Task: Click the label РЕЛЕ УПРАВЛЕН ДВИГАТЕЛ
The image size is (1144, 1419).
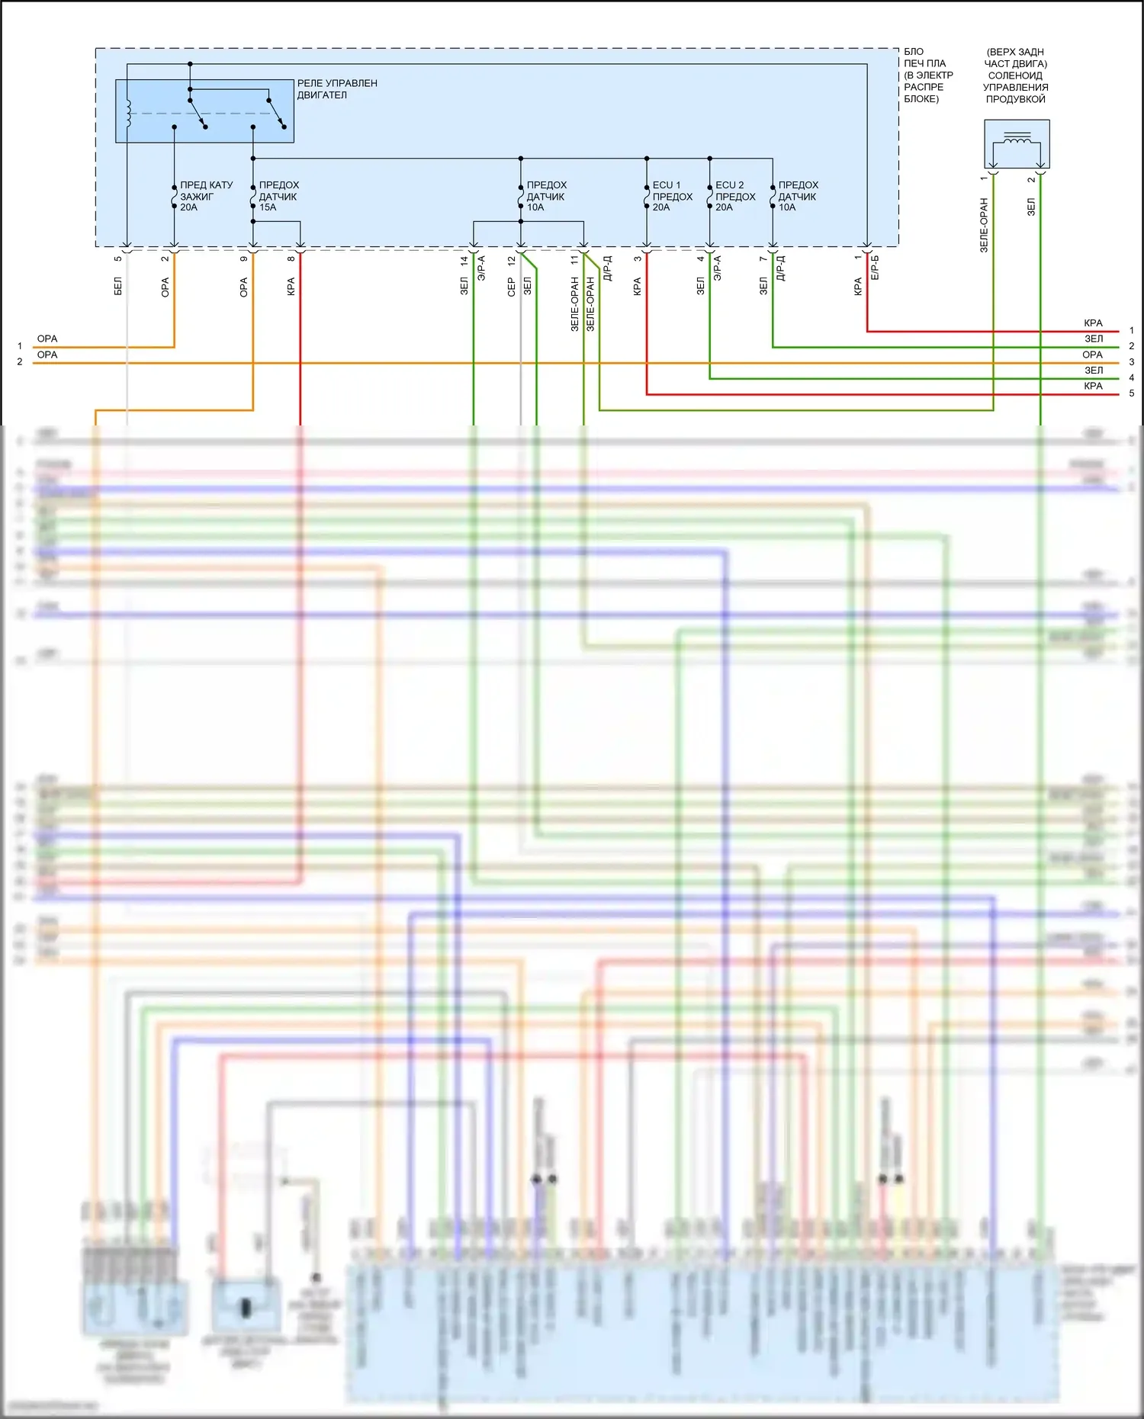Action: point(336,89)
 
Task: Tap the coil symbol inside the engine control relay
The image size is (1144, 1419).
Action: point(128,113)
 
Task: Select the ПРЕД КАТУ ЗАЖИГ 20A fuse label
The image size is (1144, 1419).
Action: point(206,196)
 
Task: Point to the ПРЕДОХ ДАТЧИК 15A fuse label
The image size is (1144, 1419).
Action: point(278,196)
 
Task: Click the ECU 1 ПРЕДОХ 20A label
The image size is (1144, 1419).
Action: point(672,196)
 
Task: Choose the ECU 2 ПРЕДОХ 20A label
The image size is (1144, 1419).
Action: point(735,196)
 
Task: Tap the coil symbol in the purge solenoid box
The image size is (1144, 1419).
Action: point(1017,139)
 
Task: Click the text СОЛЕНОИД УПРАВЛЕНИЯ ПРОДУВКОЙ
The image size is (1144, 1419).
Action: point(1015,87)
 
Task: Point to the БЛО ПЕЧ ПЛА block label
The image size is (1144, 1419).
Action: point(928,75)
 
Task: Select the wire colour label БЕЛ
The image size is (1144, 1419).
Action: point(118,287)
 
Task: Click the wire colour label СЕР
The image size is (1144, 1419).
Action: point(512,287)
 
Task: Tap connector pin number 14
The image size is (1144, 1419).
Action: point(464,260)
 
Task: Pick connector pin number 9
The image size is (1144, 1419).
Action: point(244,259)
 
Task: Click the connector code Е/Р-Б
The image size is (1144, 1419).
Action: point(875,268)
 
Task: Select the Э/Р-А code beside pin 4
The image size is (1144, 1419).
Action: point(717,268)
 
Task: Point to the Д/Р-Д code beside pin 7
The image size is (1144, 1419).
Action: point(780,268)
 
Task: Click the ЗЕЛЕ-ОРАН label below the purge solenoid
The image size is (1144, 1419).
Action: point(984,225)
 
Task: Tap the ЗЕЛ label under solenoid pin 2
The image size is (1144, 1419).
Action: point(1031,207)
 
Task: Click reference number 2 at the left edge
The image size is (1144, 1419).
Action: point(20,362)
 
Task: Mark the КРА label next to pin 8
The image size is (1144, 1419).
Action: point(291,287)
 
